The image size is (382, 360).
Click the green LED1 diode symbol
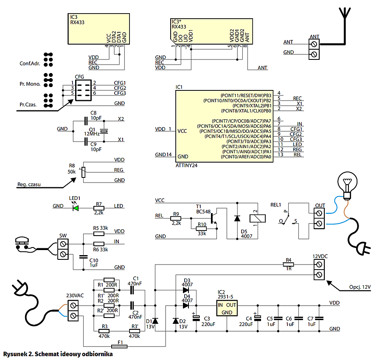pyautogui.click(x=76, y=208)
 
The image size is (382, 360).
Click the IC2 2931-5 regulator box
pyautogui.click(x=227, y=308)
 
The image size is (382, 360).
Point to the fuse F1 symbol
pyautogui.click(x=119, y=346)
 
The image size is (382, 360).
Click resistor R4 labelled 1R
pyautogui.click(x=288, y=264)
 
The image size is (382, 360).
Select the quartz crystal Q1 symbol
pyautogui.click(x=104, y=131)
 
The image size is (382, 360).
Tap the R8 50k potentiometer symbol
pyautogui.click(x=83, y=172)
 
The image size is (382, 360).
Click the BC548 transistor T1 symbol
pyautogui.click(x=214, y=218)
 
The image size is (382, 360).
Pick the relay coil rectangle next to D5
pyautogui.click(x=258, y=218)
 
